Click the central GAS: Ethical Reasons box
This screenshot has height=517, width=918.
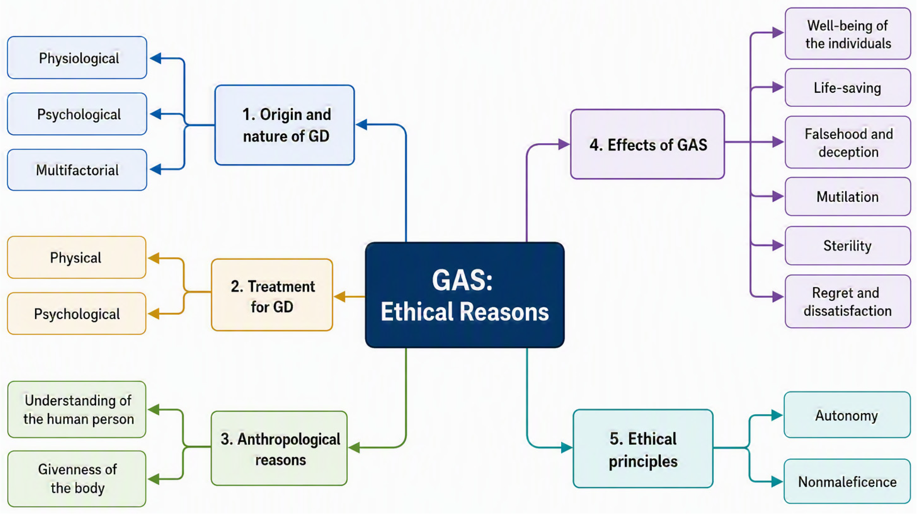465,295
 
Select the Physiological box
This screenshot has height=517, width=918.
77,57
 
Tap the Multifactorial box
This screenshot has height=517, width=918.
77,170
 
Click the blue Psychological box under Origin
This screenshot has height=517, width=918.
77,114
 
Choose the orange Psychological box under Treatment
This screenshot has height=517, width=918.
77,314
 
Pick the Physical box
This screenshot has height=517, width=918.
77,257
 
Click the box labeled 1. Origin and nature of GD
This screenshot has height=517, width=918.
284,125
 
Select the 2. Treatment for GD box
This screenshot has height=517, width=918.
272,295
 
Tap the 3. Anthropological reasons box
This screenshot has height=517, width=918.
279,448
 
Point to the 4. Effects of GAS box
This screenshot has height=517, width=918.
647,144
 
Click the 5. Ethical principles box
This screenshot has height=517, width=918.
643,449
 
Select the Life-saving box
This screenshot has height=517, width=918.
848,87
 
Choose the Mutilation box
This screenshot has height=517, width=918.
848,196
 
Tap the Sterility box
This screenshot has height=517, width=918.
848,245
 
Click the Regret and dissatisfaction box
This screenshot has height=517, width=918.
848,301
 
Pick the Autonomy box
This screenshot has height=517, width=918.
847,415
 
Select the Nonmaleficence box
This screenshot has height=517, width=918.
847,481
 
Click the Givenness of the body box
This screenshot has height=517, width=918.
77,478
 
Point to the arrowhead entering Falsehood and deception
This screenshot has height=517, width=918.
778,142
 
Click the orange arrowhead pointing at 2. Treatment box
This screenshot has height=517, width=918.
340,296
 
